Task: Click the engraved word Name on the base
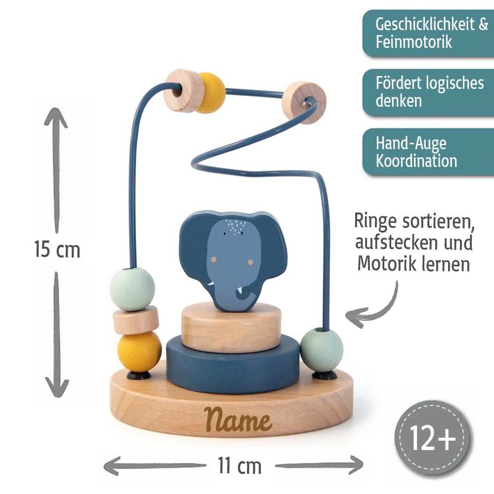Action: (239, 420)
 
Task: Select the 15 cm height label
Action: (57, 249)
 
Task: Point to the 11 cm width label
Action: (239, 465)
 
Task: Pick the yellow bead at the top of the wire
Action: (210, 92)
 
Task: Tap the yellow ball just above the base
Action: (139, 351)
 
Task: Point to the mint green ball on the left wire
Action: (132, 289)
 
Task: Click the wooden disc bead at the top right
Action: (303, 103)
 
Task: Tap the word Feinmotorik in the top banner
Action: (413, 41)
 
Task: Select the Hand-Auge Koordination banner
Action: (428, 152)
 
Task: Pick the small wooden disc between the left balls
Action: (135, 320)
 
